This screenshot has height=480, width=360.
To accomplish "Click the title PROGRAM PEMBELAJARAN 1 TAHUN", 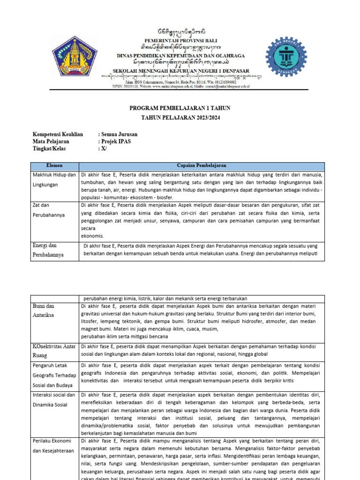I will click(x=180, y=108).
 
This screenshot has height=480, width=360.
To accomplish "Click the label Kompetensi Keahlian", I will click(x=58, y=135).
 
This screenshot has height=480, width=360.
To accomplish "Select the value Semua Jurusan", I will click(x=118, y=135).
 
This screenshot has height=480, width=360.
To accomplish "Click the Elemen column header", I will click(x=55, y=166).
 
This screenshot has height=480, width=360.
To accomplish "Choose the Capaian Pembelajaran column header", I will click(x=201, y=166).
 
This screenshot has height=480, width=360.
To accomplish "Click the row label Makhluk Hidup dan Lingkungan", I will click(x=54, y=180).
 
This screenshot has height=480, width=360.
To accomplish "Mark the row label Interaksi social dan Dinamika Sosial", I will click(x=54, y=400).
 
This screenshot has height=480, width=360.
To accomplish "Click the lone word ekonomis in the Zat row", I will click(x=92, y=236).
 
